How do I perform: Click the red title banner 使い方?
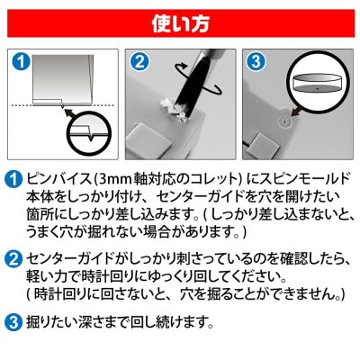pyautogui.click(x=180, y=16)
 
